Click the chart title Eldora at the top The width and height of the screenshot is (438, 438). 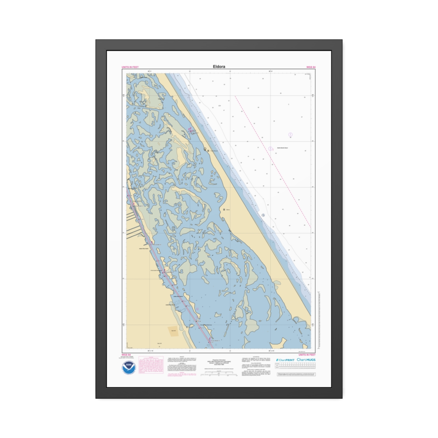click(219, 67)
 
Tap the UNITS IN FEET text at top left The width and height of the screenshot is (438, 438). click(130, 67)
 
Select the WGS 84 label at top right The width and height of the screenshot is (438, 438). click(311, 67)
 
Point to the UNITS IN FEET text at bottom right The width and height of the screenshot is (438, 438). click(307, 355)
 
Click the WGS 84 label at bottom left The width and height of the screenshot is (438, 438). click(126, 355)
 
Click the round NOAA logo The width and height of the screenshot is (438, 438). click(129, 368)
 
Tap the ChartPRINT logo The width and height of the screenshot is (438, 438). click(285, 360)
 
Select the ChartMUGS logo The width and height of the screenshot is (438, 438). click(306, 360)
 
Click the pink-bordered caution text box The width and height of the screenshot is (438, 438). click(151, 367)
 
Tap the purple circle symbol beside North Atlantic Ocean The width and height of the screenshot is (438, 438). click(270, 149)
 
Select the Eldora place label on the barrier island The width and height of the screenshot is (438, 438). click(228, 210)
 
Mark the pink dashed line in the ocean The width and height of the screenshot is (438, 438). click(274, 161)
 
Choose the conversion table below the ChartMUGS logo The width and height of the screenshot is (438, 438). click(296, 366)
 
